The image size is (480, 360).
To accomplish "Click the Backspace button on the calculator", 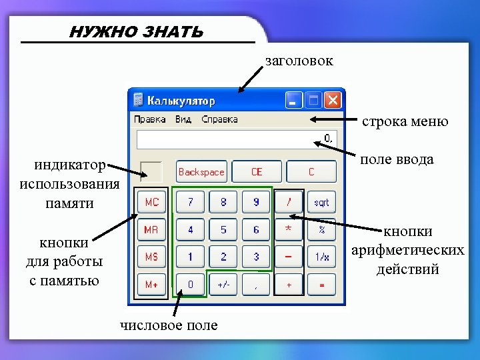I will tap(201, 172).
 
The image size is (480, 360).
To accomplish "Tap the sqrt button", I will tap(321, 202).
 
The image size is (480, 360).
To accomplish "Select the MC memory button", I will tap(151, 202).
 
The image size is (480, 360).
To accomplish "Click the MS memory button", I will tap(151, 257).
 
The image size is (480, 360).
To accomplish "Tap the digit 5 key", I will tap(223, 229).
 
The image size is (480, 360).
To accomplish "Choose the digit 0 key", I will tap(191, 285).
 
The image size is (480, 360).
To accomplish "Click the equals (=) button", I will tap(321, 285).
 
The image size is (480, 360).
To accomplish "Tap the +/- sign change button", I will tap(223, 285).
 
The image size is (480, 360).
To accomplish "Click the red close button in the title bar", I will tap(332, 101).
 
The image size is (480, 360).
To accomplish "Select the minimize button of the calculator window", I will tap(293, 101).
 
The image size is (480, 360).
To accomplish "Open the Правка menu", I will tap(150, 120).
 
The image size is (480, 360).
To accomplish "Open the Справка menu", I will tap(219, 120).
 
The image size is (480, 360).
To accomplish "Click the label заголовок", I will tap(299, 61).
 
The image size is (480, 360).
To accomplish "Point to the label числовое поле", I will tap(168, 325).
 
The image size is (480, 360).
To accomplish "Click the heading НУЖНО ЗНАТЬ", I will tap(137, 32).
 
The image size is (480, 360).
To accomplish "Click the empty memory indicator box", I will tap(151, 172).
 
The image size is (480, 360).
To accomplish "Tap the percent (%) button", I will tap(321, 229).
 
